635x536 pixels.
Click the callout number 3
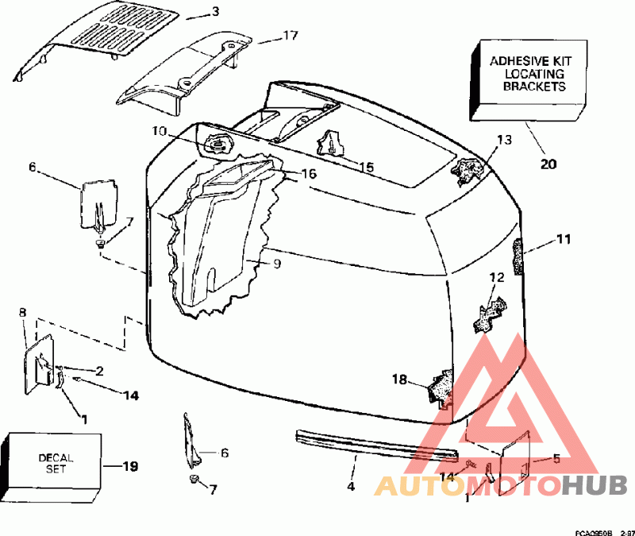click(x=215, y=12)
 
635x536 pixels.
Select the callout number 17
click(x=291, y=36)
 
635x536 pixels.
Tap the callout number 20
click(x=548, y=164)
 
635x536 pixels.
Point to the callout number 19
click(x=130, y=467)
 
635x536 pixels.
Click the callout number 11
click(x=564, y=239)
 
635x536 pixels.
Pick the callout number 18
click(x=400, y=380)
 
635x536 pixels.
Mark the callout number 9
click(x=277, y=264)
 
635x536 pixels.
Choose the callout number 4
click(x=351, y=486)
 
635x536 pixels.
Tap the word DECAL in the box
click(x=56, y=458)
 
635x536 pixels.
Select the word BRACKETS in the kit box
click(x=534, y=87)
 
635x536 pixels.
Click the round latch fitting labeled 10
click(x=217, y=144)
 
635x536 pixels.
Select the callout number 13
click(x=505, y=141)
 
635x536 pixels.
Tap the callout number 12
click(x=498, y=277)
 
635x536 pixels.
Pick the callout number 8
click(x=23, y=312)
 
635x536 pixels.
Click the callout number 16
click(x=309, y=174)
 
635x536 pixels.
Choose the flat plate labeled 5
click(x=514, y=463)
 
